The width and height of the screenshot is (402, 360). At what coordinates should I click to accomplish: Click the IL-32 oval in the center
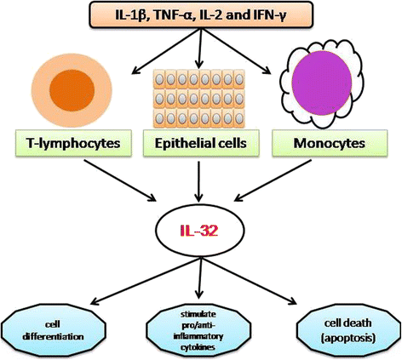pos(199,231)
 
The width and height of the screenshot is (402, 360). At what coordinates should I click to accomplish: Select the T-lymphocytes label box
pos(73,143)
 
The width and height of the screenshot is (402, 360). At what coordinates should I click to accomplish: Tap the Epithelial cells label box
pos(201,143)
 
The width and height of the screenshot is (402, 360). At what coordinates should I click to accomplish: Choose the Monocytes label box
pos(330,143)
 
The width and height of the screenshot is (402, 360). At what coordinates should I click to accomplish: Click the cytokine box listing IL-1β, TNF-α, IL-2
pos(201,14)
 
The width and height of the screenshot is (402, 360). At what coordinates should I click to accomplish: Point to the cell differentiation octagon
pos(53,331)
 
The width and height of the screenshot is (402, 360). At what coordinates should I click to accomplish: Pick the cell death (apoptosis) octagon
pos(348,330)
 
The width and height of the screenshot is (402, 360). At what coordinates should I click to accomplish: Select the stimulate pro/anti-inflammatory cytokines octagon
pos(198,330)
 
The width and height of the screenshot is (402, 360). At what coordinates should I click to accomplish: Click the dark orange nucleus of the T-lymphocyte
pos(72,90)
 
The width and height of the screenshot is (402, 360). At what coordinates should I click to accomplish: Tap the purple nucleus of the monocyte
pos(322,83)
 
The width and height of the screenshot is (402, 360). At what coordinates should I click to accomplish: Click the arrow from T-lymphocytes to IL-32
pos(120,180)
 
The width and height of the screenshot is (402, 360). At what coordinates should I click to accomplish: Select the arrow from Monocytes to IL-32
pos(273,180)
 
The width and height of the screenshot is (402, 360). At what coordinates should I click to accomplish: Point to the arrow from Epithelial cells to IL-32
pos(198,181)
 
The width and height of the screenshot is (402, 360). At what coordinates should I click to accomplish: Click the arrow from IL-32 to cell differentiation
pos(146,281)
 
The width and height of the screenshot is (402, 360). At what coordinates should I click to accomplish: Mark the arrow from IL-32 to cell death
pos(249,281)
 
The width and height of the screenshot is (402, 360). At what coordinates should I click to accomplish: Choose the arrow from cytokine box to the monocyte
pos(236,51)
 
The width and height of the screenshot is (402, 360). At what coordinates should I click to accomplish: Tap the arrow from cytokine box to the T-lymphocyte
pos(166,51)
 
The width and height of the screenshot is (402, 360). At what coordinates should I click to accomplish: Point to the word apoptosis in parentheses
pos(347,338)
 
